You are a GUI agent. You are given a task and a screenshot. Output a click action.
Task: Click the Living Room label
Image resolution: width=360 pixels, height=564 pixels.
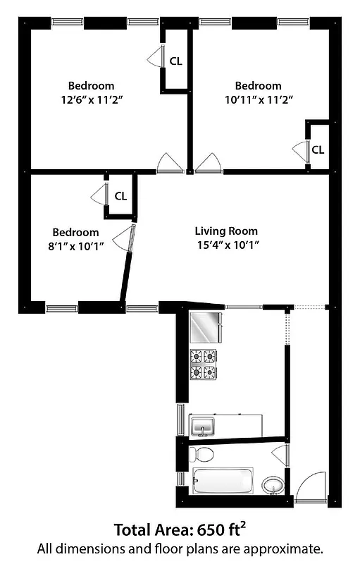pos(226,231)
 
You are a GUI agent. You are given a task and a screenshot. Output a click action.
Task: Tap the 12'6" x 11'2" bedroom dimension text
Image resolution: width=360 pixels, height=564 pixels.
pos(92,100)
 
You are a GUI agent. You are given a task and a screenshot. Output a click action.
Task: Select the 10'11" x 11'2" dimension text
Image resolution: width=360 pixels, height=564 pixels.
pos(259,100)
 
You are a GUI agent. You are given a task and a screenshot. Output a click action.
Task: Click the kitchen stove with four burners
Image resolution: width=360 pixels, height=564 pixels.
pos(203,364)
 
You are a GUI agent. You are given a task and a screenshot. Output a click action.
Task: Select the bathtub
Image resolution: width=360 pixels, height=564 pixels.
pos(223,482)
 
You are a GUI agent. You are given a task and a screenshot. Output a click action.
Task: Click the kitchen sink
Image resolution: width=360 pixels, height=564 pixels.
pos(204,426)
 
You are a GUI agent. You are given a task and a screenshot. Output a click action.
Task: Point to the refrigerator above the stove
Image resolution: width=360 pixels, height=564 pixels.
pos(205,327)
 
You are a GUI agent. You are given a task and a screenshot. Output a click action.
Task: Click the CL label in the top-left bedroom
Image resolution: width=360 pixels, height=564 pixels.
pos(175,61)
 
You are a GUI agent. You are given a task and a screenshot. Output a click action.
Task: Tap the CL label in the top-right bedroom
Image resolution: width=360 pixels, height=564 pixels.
pos(318,149)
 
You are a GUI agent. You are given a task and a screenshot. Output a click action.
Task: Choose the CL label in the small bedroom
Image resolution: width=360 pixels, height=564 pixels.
pos(120,196)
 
